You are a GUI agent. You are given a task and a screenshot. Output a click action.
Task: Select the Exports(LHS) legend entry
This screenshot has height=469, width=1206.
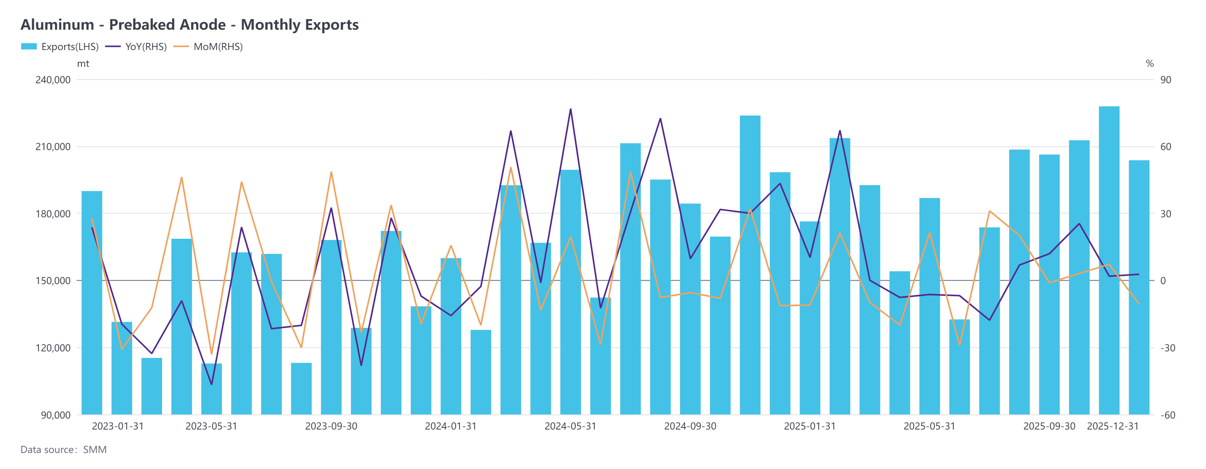pos(60,47)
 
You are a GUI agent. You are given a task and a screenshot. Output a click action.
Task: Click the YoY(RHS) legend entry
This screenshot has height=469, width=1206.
pos(136,47)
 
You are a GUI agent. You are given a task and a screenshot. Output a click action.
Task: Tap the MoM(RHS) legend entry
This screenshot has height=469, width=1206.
pos(208,47)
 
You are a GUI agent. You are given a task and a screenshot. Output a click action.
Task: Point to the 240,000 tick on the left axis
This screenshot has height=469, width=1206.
pos(53,80)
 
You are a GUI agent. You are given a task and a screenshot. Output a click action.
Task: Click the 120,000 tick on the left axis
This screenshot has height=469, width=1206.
pos(53,348)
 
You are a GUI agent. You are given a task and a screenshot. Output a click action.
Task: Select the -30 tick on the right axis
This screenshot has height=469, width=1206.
pos(1168,348)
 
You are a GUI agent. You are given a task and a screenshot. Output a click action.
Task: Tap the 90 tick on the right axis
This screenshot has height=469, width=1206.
pos(1165,80)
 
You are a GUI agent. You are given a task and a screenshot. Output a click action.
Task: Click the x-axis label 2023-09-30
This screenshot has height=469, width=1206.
pos(331,426)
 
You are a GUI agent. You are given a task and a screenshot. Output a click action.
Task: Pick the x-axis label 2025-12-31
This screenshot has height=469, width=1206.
pos(1112,426)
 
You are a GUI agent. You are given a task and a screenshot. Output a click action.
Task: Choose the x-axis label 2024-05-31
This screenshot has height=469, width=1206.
pos(570,426)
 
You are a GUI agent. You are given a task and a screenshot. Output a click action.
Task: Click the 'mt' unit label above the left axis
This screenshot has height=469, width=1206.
pos(83,64)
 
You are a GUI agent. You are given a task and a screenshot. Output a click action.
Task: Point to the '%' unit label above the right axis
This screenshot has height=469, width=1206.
pos(1149,64)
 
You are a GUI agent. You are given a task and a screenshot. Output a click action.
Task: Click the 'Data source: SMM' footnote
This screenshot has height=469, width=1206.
pos(64,450)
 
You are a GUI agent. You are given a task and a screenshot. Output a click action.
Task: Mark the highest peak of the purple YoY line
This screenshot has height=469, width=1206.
pos(570,109)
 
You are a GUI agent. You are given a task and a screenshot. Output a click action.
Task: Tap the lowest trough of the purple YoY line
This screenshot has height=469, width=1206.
pos(212,384)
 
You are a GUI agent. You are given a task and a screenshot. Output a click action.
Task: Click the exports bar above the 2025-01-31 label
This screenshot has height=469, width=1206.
pos(810,318)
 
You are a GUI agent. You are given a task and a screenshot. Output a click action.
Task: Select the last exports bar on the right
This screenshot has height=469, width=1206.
pos(1139,288)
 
